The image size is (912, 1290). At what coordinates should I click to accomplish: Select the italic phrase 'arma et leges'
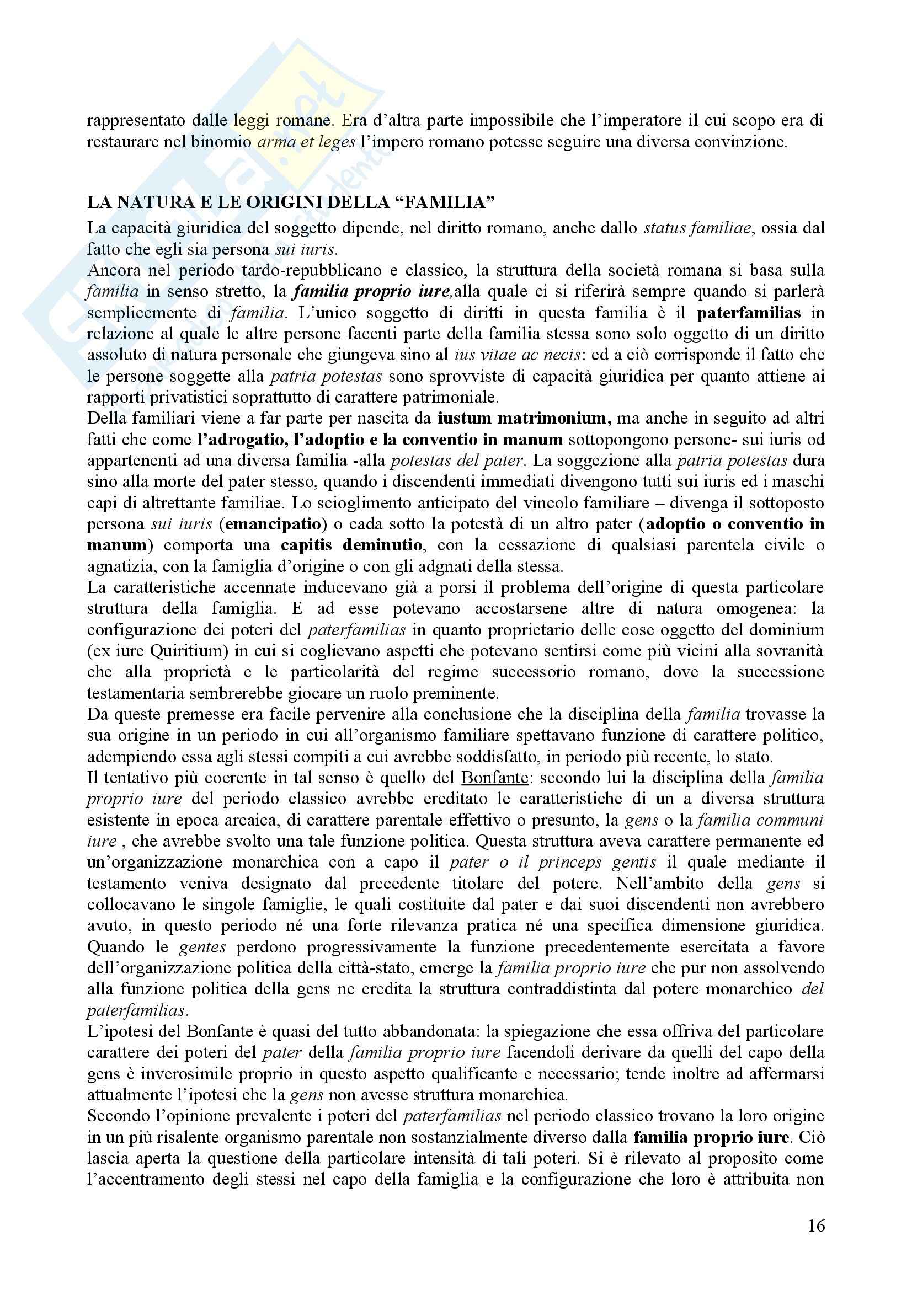[306, 142]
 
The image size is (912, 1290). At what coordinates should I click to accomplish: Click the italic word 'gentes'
[202, 947]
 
